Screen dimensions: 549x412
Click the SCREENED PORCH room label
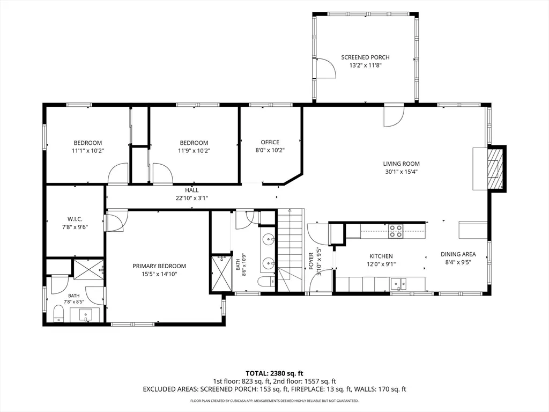coord(365,57)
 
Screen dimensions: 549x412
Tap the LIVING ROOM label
coord(401,164)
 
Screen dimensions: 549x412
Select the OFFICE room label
coord(270,142)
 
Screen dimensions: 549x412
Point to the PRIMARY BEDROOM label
coord(159,266)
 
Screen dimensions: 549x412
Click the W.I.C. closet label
coord(75,219)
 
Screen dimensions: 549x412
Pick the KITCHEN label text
coord(381,256)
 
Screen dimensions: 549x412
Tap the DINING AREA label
coord(458,254)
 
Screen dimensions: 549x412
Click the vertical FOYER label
coord(311,261)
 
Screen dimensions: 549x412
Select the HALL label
coord(192,190)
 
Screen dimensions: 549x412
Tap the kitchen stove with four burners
coord(396,231)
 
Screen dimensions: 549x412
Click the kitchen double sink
coord(398,282)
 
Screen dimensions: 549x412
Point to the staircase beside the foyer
coord(290,250)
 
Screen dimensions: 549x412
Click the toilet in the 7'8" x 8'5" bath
coord(58,313)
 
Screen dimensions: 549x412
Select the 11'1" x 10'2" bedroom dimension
coord(88,151)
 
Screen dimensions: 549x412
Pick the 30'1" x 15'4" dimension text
coord(401,172)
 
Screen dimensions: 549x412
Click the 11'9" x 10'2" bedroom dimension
coord(194,151)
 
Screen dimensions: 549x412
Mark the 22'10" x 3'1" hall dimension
coord(192,198)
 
